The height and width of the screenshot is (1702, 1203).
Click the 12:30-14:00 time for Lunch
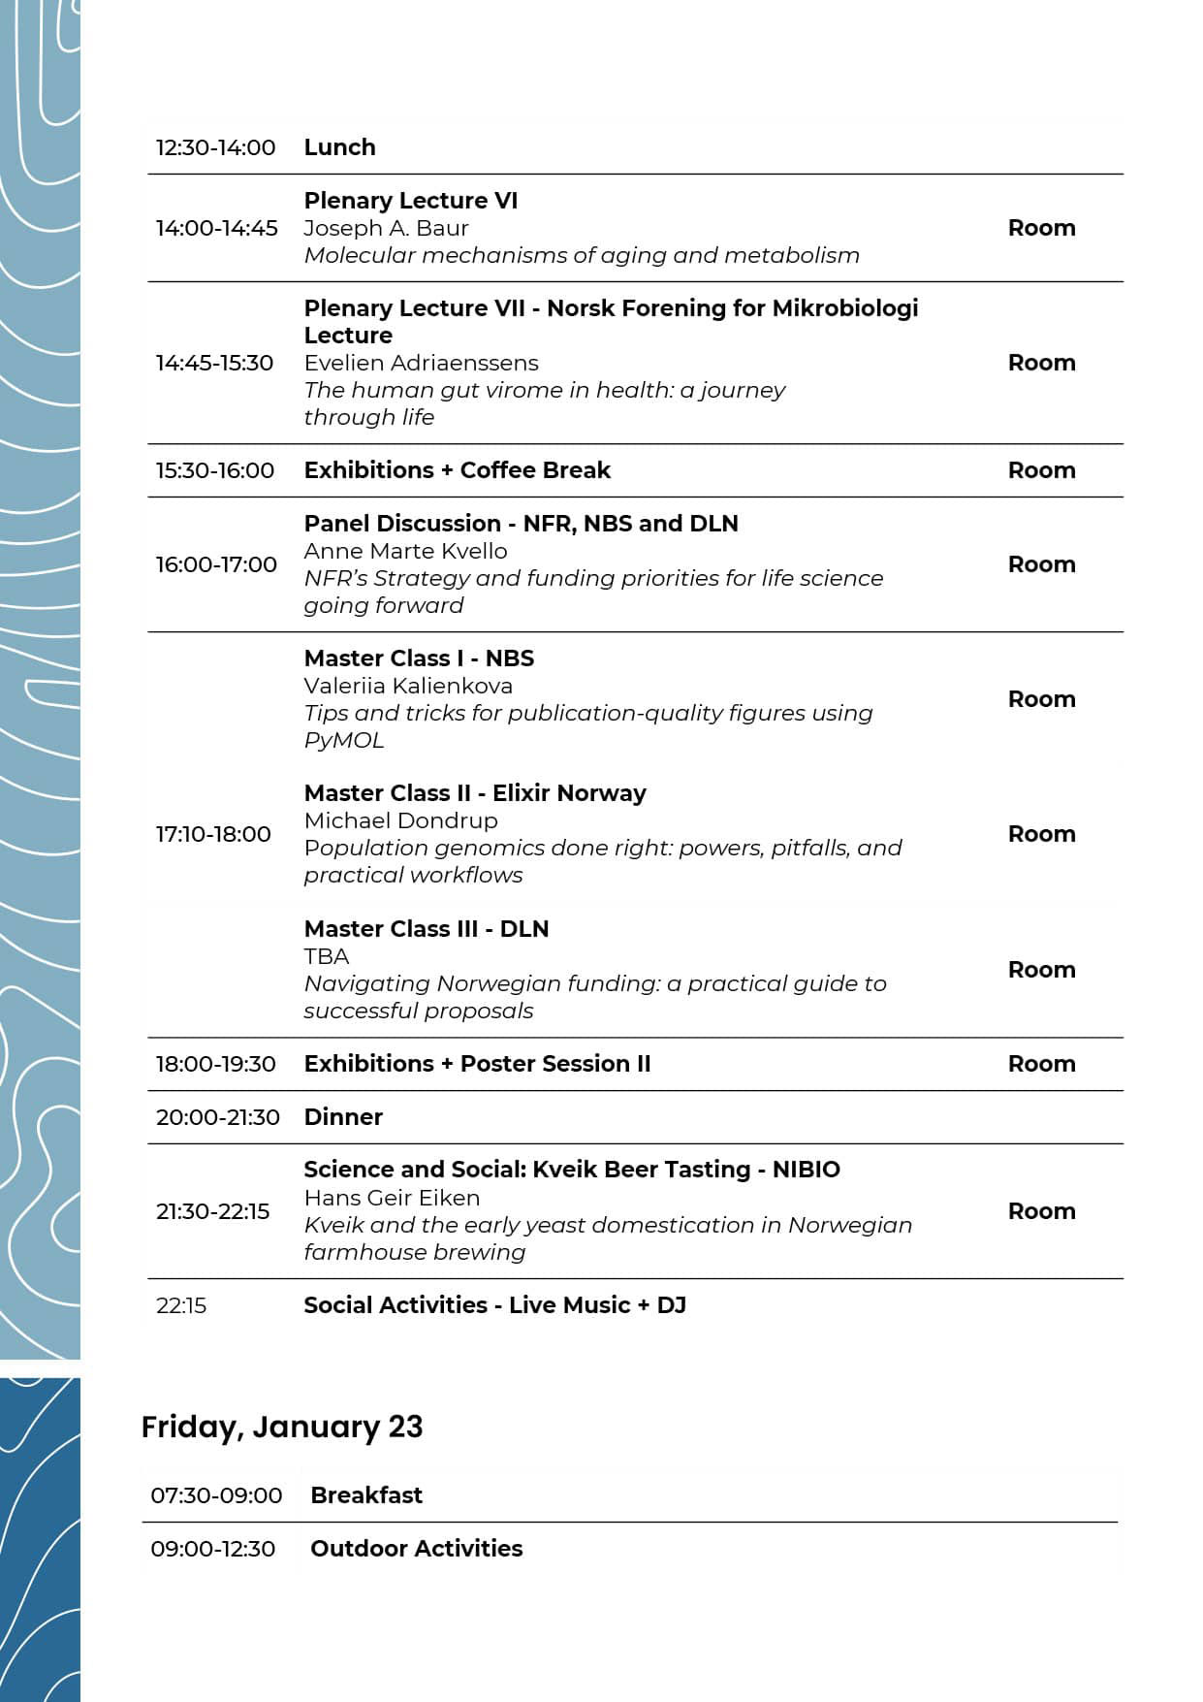coord(215,147)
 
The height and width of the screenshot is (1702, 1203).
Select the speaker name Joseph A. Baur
coord(386,228)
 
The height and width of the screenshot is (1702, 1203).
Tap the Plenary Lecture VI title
coord(410,201)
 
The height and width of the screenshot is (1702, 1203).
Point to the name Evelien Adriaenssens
coord(421,363)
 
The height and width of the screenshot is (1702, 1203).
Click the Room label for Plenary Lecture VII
coord(1041,363)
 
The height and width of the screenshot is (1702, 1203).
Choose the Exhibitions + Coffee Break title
coord(457,470)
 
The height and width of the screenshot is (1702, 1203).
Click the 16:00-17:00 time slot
coord(216,564)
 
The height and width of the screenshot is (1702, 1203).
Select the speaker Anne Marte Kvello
coord(405,551)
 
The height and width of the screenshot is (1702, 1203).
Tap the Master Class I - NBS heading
coord(419,658)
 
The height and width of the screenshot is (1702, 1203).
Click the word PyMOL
coord(343,740)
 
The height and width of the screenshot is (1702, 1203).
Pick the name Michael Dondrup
coord(400,820)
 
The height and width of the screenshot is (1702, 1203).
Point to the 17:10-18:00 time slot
coord(213,834)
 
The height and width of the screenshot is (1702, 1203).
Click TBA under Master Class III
coord(326,956)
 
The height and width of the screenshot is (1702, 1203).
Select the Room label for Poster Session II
coord(1041,1064)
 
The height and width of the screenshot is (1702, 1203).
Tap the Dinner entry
coord(343,1117)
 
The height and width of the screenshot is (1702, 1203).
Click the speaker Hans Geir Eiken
coord(392,1198)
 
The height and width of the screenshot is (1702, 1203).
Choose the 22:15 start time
coord(181,1305)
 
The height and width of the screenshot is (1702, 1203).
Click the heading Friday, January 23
coord(282,1427)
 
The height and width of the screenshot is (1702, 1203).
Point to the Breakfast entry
coord(366,1495)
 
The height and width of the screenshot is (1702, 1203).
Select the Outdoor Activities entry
coord(416,1549)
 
